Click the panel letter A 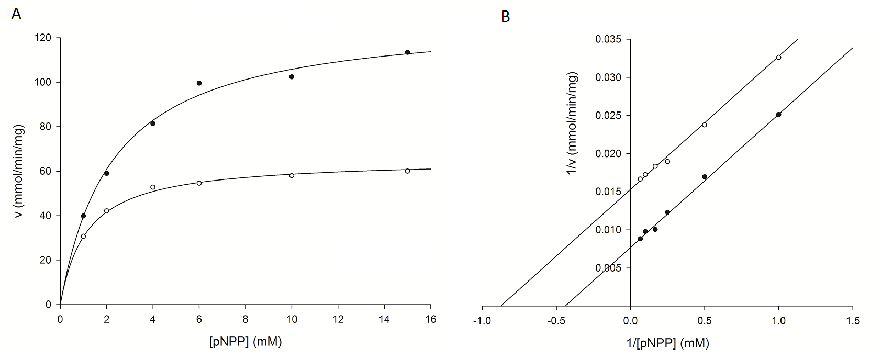tap(16, 15)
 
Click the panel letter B tap(505, 17)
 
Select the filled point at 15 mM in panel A tap(407, 52)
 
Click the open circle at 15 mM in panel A tap(407, 171)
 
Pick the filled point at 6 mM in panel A tap(199, 83)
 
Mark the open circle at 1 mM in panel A tap(83, 236)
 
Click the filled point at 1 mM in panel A tap(83, 216)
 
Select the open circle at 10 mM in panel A tap(292, 175)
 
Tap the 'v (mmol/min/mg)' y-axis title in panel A tap(20, 171)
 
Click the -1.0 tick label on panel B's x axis tap(482, 320)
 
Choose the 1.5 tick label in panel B tap(853, 320)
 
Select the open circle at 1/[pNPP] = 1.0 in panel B tap(778, 57)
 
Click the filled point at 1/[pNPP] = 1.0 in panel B tap(778, 114)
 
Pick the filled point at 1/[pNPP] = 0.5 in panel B tap(705, 176)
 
